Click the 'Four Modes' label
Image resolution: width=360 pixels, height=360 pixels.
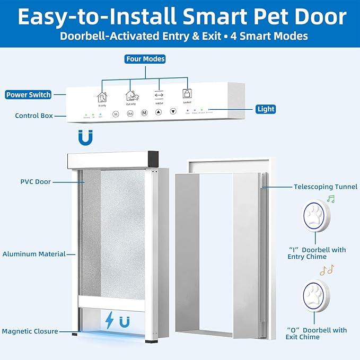tap(145, 59)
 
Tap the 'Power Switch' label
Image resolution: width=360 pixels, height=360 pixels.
tap(29, 95)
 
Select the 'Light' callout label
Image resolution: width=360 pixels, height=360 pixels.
tap(266, 109)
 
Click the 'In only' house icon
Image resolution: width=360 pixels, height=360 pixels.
tap(101, 96)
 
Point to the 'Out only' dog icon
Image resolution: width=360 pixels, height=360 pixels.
tap(131, 96)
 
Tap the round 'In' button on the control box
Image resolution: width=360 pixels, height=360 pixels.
tap(116, 113)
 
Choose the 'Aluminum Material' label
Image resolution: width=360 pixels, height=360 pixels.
tap(33, 254)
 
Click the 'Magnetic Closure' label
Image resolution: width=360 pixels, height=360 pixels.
tap(30, 331)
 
